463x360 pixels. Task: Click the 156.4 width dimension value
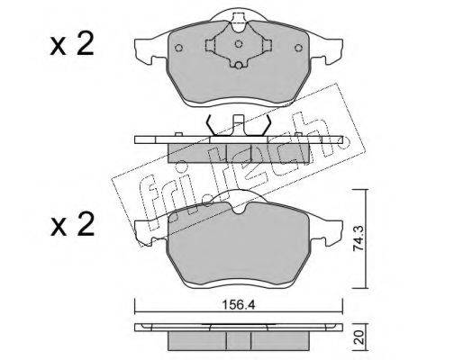tap(239, 305)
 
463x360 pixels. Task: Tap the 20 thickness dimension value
tap(360, 337)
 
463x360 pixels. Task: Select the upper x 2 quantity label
tap(72, 46)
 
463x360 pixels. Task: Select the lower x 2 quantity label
tap(72, 225)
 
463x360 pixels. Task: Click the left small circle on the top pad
tap(178, 48)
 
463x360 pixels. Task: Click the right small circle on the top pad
tap(298, 48)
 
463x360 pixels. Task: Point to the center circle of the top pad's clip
tap(239, 44)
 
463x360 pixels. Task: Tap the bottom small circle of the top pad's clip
tap(239, 66)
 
